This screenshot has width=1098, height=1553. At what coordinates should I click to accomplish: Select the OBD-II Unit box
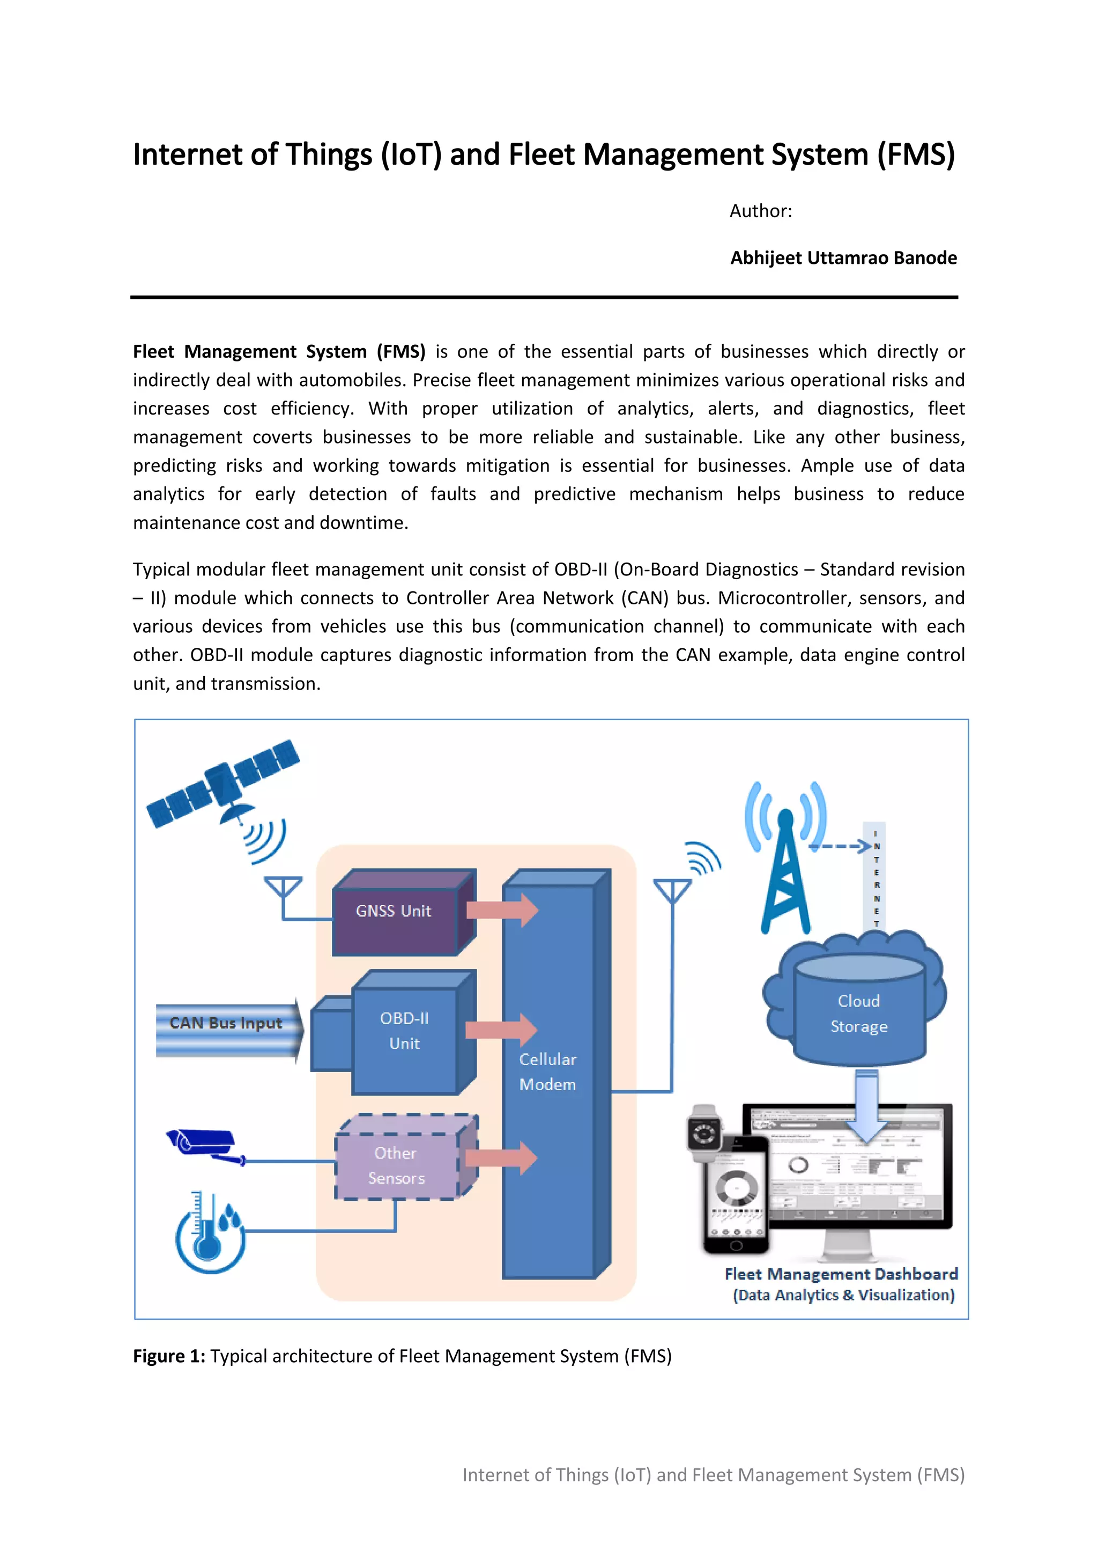[x=404, y=1032]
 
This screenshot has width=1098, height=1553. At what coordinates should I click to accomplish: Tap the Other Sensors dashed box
[x=397, y=1165]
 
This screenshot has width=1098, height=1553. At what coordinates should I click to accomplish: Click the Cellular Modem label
[x=547, y=1072]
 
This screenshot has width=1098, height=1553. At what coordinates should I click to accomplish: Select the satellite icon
[x=223, y=784]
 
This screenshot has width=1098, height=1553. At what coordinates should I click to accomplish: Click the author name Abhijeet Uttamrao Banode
[x=843, y=258]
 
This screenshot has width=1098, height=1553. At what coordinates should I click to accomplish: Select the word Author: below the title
[x=761, y=211]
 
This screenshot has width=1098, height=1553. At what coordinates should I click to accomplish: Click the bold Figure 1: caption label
[x=169, y=1356]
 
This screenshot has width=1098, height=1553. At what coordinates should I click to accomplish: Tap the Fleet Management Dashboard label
[x=841, y=1274]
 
